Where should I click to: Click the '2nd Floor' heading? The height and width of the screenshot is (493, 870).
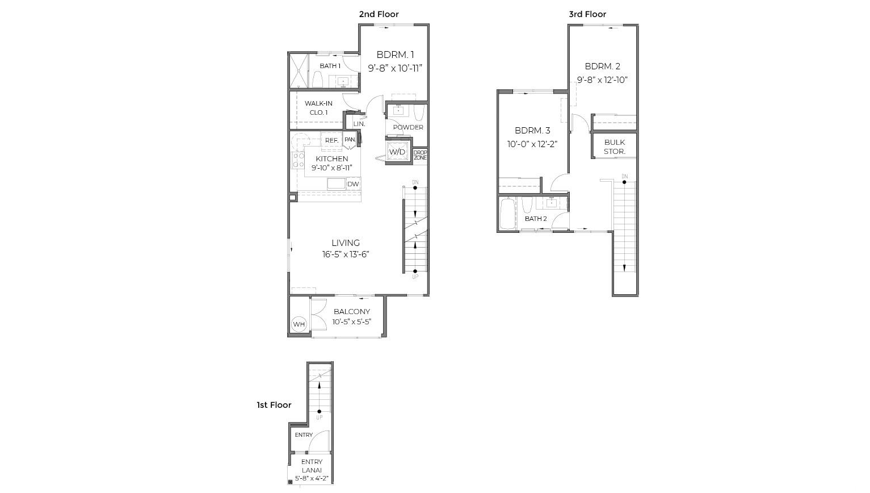click(379, 14)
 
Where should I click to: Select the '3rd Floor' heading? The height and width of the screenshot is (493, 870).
click(587, 14)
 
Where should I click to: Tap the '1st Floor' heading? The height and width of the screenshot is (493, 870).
click(274, 405)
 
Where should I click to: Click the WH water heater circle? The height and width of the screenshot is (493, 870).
click(299, 324)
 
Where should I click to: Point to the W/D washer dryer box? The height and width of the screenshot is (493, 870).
click(397, 152)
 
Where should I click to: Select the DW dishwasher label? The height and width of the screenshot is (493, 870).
click(353, 184)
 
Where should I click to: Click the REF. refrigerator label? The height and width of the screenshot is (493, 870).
click(331, 140)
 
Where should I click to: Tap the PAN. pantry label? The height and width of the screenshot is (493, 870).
click(350, 140)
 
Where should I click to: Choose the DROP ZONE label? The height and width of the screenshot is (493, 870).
click(420, 155)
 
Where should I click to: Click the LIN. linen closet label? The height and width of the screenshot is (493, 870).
click(359, 124)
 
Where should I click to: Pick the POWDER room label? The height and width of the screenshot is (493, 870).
click(408, 127)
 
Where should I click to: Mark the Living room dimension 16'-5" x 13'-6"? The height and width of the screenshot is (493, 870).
click(346, 254)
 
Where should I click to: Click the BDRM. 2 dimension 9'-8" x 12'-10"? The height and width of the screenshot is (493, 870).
click(602, 80)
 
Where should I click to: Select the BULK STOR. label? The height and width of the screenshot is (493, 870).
click(614, 147)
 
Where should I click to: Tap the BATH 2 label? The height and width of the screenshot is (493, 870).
click(536, 219)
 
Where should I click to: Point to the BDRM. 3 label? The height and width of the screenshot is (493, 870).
click(532, 131)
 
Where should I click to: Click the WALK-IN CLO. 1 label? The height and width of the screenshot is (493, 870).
click(318, 108)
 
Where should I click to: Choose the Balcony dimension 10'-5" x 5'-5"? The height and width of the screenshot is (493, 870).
click(352, 322)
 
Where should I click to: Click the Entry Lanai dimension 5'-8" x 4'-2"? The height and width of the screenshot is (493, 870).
click(312, 478)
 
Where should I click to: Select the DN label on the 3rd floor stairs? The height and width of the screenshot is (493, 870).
click(624, 177)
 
